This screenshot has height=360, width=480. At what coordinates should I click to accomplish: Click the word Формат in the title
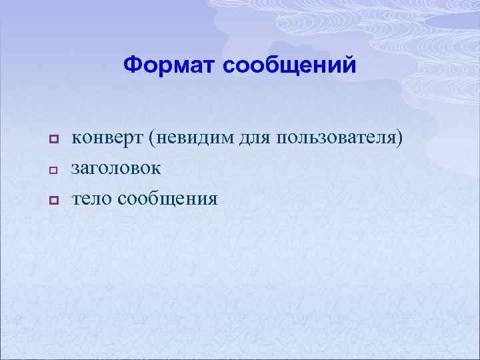click(170, 65)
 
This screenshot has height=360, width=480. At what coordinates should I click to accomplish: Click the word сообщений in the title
click(290, 65)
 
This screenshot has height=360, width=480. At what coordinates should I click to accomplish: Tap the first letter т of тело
click(76, 199)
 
